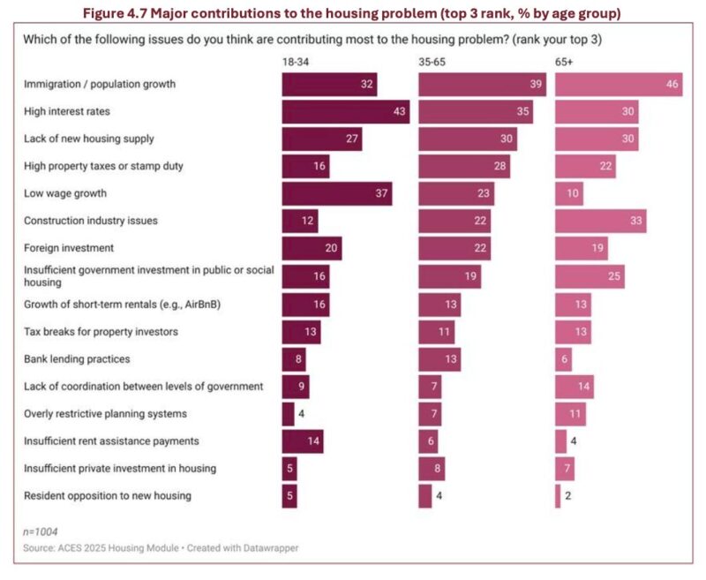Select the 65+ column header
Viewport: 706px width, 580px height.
point(564,63)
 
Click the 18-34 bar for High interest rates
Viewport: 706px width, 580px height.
point(345,112)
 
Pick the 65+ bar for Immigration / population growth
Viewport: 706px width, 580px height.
point(618,85)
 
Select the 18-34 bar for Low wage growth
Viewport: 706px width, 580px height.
point(336,194)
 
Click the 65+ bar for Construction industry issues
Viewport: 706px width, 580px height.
point(600,222)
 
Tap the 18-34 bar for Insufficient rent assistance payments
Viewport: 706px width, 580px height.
point(302,441)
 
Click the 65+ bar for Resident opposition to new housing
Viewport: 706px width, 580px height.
point(558,496)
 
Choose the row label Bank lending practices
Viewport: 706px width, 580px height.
point(77,358)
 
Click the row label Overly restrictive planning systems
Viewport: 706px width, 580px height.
point(105,413)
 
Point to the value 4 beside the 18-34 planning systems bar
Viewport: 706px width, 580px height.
point(302,413)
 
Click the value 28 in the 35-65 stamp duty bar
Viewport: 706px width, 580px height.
point(499,167)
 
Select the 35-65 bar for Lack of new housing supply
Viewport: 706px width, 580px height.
point(467,139)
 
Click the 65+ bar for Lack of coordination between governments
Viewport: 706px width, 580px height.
point(574,386)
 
